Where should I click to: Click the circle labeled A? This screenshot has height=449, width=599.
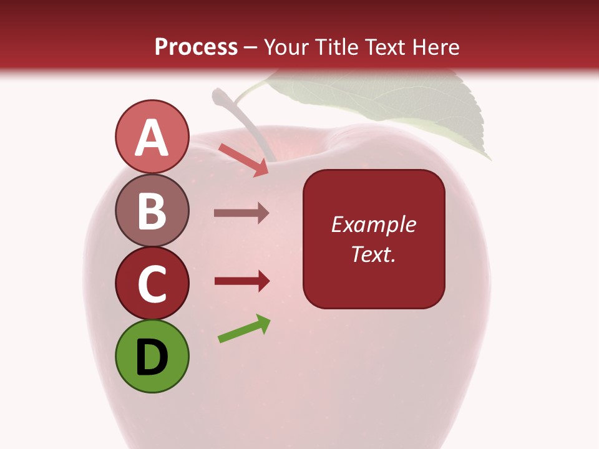tap(152, 137)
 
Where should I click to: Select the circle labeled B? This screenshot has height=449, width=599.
tap(152, 210)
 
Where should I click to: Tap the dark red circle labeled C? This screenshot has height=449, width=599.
tap(152, 283)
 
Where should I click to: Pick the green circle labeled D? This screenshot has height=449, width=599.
tap(152, 356)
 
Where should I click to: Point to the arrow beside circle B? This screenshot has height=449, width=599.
tap(241, 213)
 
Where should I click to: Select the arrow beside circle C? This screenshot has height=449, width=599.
tap(241, 281)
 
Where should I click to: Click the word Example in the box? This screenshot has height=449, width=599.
tap(374, 224)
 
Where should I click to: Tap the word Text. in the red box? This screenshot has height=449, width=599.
tap(374, 254)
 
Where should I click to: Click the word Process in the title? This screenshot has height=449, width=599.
tap(196, 47)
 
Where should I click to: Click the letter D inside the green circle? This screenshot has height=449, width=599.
tap(152, 357)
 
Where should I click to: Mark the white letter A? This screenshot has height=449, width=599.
tap(152, 138)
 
